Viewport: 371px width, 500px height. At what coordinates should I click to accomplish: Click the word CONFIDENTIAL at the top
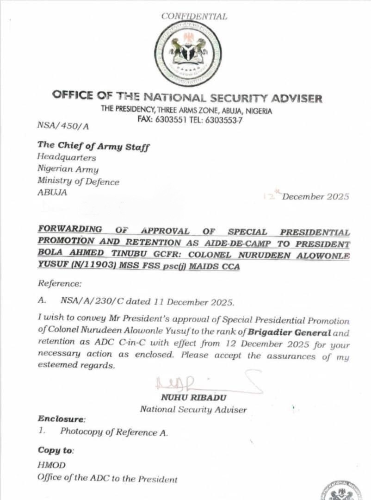coord(194,17)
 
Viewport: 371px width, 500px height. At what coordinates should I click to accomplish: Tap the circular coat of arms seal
coord(188,54)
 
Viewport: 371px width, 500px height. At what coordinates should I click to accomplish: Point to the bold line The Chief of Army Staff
coord(93,146)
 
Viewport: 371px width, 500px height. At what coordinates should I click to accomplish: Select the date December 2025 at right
coord(315,196)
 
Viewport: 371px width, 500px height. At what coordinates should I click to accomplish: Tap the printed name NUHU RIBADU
coord(193,398)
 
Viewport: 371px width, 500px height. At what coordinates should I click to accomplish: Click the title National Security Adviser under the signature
coord(193,409)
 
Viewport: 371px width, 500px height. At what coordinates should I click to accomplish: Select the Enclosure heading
coord(62,419)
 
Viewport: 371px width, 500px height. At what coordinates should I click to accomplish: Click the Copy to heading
coord(56,450)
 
